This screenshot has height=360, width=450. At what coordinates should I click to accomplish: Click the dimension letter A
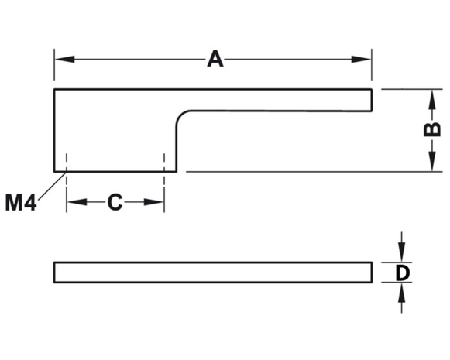click(215, 59)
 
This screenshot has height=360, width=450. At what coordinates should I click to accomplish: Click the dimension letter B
click(432, 129)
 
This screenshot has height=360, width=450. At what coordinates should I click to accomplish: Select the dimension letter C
click(115, 202)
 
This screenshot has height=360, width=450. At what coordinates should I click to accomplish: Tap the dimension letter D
click(402, 273)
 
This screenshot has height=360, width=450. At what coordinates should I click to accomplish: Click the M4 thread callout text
click(21, 203)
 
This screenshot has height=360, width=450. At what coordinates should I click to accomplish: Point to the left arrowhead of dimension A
click(65, 60)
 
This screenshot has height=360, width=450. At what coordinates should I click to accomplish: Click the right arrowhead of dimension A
click(362, 60)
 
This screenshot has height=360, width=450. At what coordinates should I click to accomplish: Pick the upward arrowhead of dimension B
click(432, 99)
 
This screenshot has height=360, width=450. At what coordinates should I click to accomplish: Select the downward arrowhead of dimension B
click(432, 162)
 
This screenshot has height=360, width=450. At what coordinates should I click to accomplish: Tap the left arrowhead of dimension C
click(77, 202)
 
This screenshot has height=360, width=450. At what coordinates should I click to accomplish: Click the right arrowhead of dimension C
click(154, 202)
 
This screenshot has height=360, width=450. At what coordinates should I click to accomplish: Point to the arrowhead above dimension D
click(402, 252)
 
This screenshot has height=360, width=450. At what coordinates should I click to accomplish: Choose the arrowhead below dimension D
click(402, 293)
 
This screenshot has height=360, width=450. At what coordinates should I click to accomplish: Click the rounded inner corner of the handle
click(180, 115)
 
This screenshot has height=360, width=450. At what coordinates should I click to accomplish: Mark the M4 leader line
click(53, 185)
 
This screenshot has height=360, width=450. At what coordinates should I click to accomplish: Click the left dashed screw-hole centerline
click(67, 183)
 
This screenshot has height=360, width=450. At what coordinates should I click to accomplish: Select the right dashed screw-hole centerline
click(164, 183)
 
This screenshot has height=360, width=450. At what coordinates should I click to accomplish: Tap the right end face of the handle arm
click(372, 100)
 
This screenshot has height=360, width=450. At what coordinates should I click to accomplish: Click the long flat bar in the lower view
click(213, 273)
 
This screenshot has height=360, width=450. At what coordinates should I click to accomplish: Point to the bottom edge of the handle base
click(115, 172)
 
